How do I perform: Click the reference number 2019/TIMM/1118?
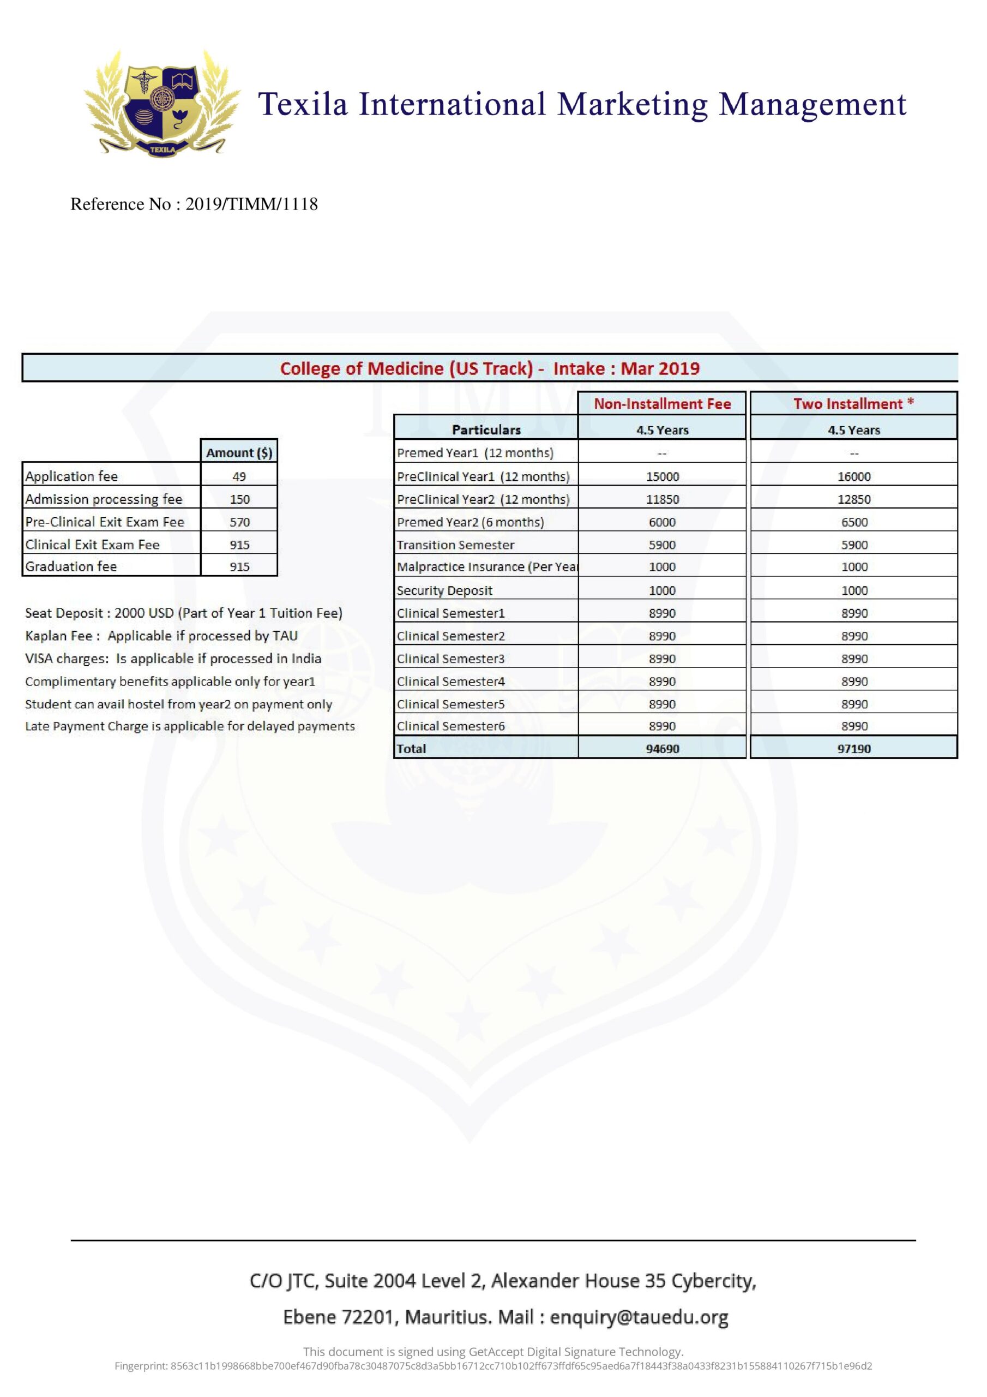[x=251, y=204]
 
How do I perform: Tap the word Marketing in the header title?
[x=633, y=104]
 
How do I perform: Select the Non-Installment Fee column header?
[x=661, y=404]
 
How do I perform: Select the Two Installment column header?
[x=853, y=404]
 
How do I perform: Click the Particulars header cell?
[x=486, y=429]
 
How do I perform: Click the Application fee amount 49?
[x=239, y=476]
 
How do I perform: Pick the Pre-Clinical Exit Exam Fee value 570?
[x=239, y=522]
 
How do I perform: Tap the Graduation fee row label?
[x=71, y=566]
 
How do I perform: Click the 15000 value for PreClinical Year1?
[x=662, y=476]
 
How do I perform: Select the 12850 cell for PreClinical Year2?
[x=854, y=499]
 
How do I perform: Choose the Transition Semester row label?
[x=455, y=545]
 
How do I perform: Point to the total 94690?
[x=662, y=748]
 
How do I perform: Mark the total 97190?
[x=854, y=748]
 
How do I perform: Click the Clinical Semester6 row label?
[x=450, y=726]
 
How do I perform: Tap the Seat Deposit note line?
[x=184, y=613]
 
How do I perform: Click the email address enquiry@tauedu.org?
[x=639, y=1317]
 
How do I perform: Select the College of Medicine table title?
[x=490, y=368]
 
